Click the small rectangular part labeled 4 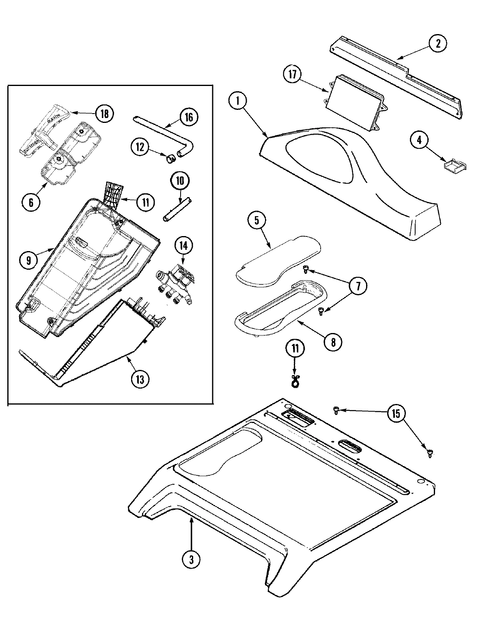[x=454, y=165]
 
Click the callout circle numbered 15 [x=396, y=414]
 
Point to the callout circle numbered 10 [x=180, y=181]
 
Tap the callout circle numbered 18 [x=104, y=114]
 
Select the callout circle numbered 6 [x=31, y=202]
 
